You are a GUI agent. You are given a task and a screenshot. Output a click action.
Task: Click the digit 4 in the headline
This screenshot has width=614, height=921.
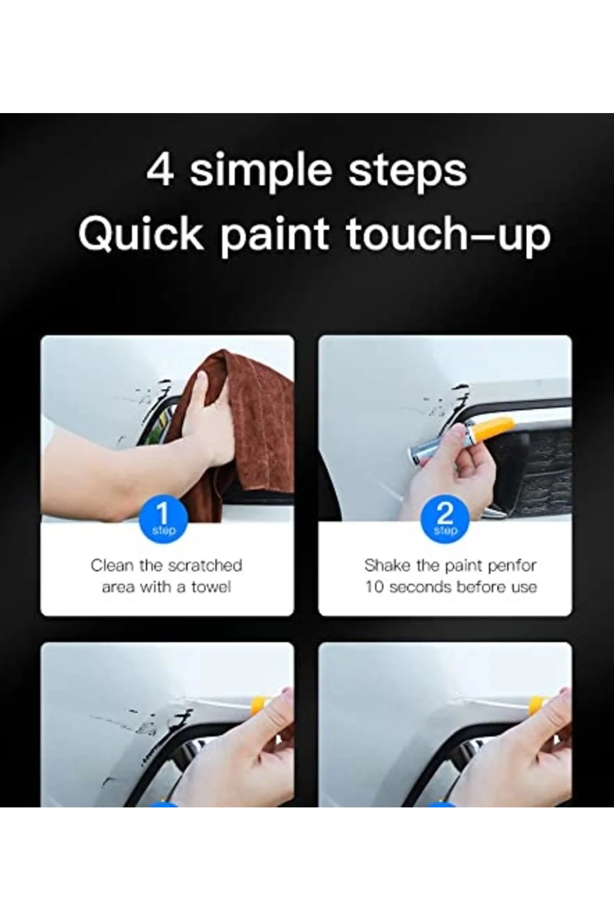pyautogui.click(x=160, y=171)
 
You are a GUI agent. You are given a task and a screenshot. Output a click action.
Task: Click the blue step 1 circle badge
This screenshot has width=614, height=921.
pyautogui.click(x=163, y=520)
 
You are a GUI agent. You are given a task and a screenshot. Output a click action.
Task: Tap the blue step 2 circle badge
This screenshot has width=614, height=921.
pyautogui.click(x=445, y=520)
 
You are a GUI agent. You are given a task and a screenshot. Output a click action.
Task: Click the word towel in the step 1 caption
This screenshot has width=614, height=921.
pyautogui.click(x=211, y=587)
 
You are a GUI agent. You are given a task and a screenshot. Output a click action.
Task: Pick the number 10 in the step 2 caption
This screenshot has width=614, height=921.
pyautogui.click(x=374, y=587)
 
